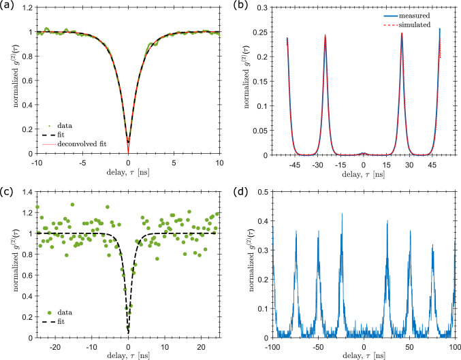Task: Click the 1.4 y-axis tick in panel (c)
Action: point(27,194)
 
